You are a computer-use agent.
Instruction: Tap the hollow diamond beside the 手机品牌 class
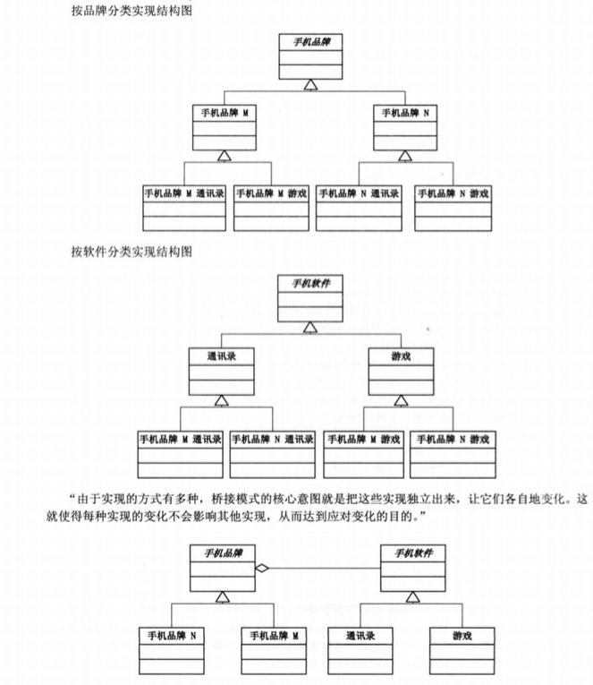tap(259, 567)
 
